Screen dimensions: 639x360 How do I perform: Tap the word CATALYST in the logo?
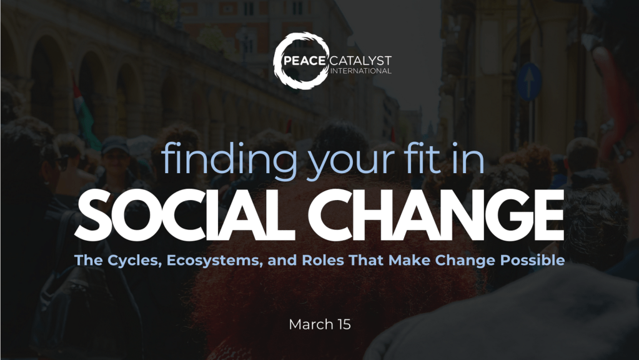tap(360, 61)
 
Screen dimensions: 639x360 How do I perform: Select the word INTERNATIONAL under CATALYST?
tap(360, 71)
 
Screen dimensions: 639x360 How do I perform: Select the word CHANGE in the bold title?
tap(435, 215)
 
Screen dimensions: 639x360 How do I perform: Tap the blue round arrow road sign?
tap(529, 81)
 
